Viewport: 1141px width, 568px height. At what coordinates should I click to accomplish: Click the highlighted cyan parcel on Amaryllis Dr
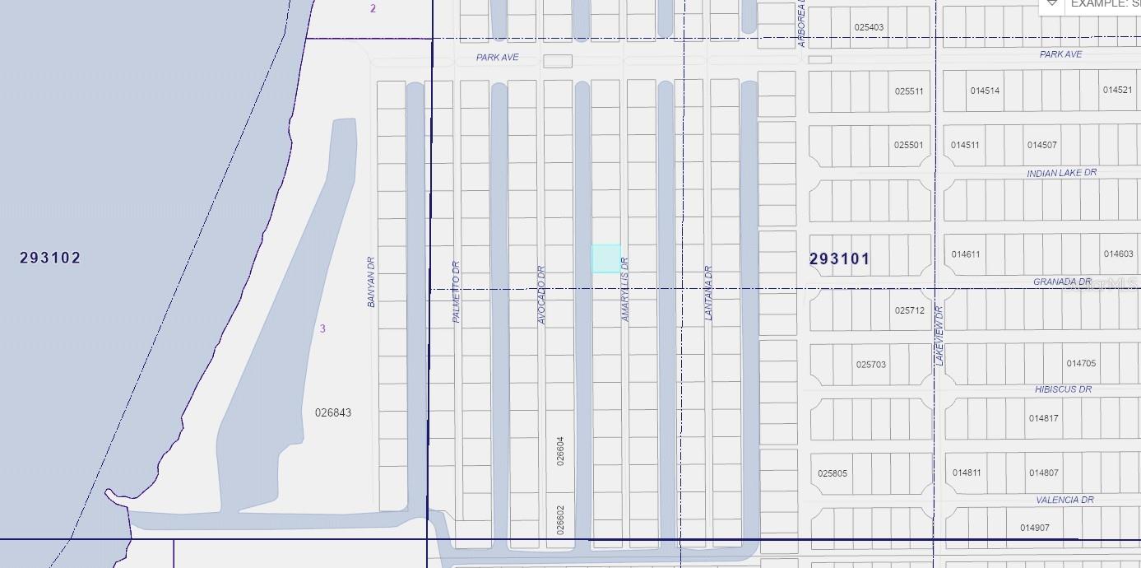(605, 258)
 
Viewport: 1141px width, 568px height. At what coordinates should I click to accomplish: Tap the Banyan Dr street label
(371, 282)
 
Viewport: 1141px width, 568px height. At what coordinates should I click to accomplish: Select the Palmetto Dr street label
(457, 291)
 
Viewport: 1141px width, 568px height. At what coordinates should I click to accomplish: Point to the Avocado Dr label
(541, 295)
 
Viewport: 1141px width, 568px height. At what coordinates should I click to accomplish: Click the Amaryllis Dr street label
(625, 289)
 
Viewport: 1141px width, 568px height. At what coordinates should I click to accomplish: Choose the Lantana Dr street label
(708, 292)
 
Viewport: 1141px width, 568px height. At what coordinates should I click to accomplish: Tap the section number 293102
(50, 258)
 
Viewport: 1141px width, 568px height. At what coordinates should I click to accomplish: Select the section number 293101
(839, 259)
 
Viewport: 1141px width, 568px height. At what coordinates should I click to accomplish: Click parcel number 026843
(333, 412)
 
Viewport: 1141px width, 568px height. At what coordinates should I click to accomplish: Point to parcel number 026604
(561, 451)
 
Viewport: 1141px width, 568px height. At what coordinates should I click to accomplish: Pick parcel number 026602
(561, 519)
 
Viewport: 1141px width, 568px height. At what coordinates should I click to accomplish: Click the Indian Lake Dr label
(1061, 173)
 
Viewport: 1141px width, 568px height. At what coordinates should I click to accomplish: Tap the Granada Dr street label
(1061, 282)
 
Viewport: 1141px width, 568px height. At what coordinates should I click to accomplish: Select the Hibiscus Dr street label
(1063, 389)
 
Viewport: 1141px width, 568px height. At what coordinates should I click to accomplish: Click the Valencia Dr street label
(1064, 500)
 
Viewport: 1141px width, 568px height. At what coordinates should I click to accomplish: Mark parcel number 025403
(869, 27)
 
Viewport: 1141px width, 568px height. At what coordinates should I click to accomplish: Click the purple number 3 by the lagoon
(322, 328)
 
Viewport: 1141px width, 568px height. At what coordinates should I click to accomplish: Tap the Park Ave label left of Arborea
(497, 58)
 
